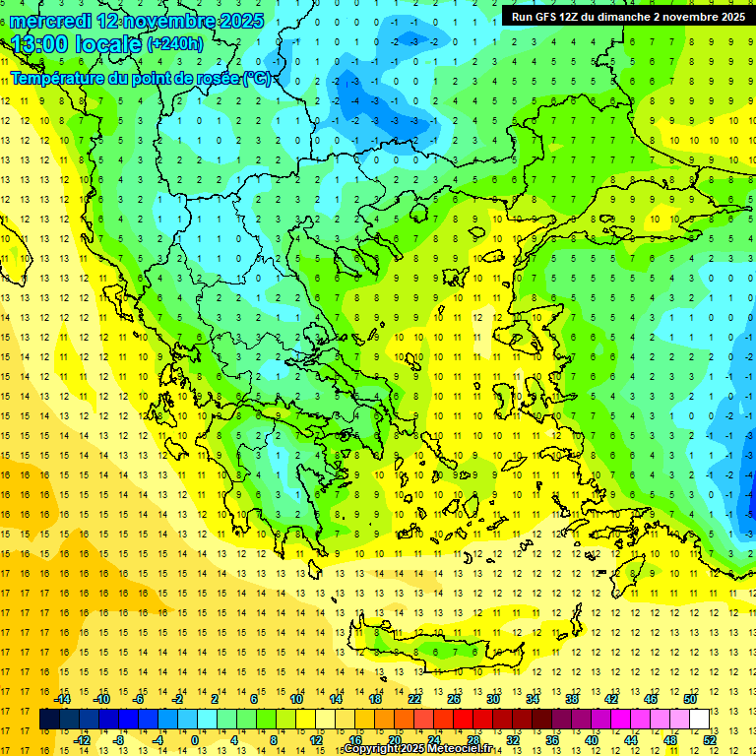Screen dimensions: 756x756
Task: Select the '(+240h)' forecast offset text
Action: pyautogui.click(x=175, y=43)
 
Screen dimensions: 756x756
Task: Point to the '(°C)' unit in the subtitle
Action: pyautogui.click(x=257, y=78)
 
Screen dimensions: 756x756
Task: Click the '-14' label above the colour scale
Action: pyautogui.click(x=62, y=699)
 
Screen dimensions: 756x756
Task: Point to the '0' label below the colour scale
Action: pyautogui.click(x=195, y=739)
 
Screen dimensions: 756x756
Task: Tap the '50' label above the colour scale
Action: pyautogui.click(x=690, y=699)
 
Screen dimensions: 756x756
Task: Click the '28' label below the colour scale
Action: pyautogui.click(x=473, y=739)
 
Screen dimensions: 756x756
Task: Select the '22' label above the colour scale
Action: pyautogui.click(x=414, y=699)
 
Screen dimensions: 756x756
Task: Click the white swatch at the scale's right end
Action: pyautogui.click(x=700, y=720)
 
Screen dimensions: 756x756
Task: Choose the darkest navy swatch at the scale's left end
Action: pyautogui.click(x=49, y=720)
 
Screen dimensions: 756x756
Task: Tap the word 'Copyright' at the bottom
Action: pyautogui.click(x=374, y=749)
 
